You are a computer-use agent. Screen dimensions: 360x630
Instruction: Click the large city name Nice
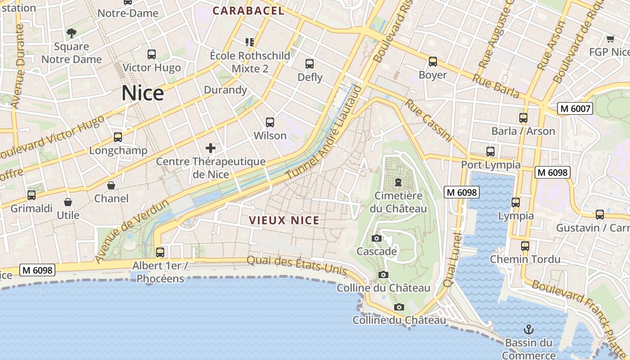(143, 93)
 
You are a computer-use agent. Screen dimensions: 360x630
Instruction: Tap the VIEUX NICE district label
(284, 220)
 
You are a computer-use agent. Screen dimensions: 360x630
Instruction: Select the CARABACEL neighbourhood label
(248, 11)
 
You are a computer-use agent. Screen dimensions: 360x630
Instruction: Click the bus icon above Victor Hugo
(152, 54)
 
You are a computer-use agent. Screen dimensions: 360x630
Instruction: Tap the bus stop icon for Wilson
(270, 122)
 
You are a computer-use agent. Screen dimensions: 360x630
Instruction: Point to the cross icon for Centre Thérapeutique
(210, 148)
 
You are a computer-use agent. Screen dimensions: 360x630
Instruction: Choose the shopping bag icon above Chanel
(111, 185)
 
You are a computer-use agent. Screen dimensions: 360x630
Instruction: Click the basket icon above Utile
(68, 202)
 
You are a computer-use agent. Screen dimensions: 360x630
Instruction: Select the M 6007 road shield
(575, 108)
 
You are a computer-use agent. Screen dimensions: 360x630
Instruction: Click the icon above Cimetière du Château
(398, 182)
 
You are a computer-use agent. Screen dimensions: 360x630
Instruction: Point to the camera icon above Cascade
(377, 238)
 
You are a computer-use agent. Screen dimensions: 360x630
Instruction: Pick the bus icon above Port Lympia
(490, 152)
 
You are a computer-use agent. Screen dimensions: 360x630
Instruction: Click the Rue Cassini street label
(427, 121)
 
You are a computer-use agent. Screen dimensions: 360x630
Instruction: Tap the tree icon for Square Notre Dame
(71, 33)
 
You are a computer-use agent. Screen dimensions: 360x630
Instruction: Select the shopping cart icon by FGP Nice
(610, 39)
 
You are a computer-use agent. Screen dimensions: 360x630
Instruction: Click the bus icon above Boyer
(433, 62)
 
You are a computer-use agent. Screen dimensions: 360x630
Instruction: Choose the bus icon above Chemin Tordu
(525, 246)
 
